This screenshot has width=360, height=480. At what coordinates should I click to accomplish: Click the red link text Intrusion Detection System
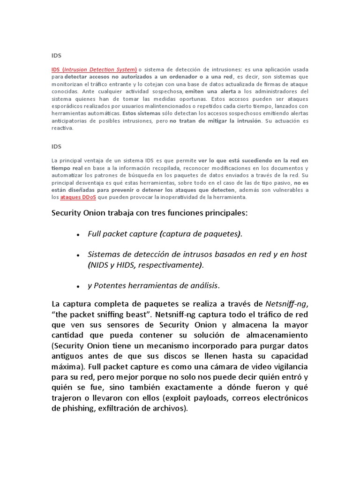(99, 69)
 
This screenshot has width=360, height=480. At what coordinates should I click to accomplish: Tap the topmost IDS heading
(56, 55)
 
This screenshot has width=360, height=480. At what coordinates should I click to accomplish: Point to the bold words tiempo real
(67, 168)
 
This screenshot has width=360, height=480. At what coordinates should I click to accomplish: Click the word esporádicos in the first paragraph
(68, 106)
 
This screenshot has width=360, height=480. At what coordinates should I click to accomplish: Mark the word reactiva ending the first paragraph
(62, 128)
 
